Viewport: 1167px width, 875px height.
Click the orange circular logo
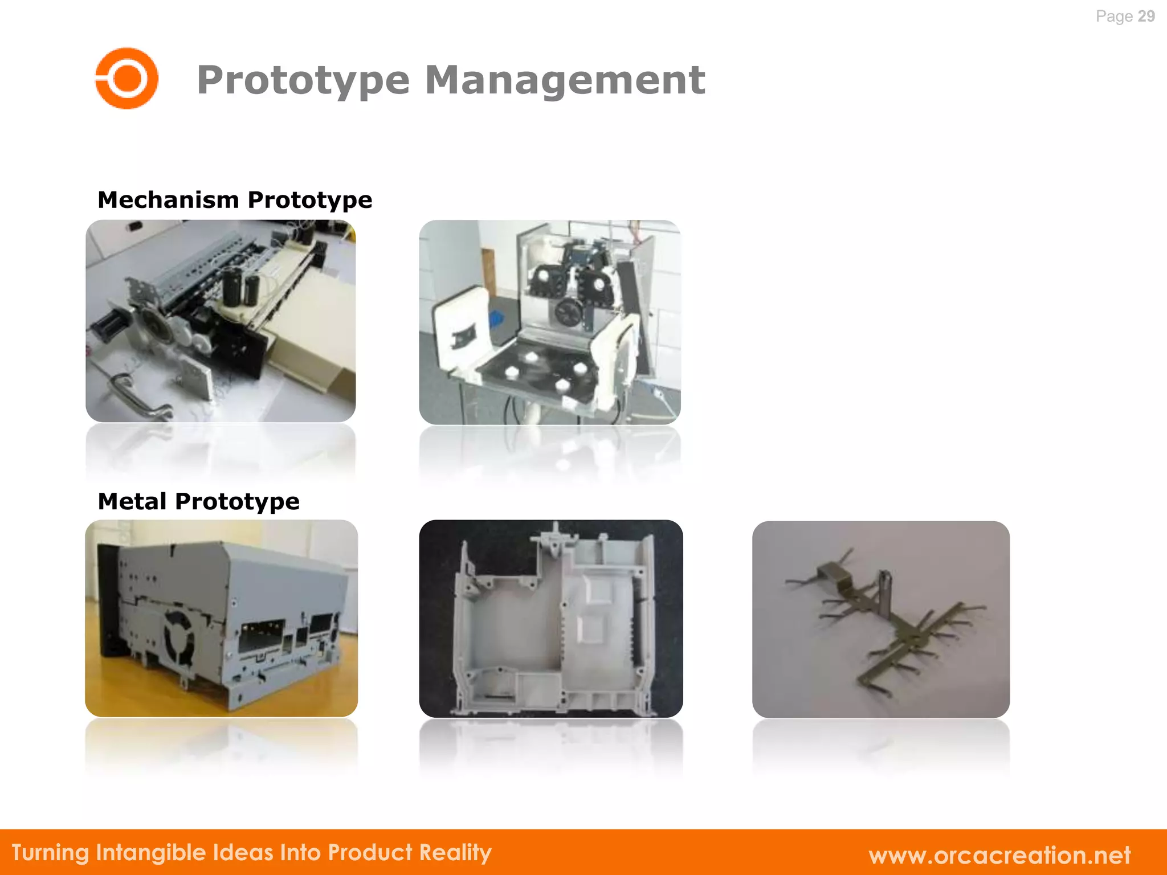click(x=127, y=78)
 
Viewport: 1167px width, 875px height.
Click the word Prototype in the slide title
click(x=303, y=80)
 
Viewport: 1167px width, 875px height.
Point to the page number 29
click(x=1146, y=16)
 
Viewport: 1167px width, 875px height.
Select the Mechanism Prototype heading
click(x=235, y=200)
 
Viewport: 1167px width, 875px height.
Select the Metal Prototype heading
click(x=198, y=501)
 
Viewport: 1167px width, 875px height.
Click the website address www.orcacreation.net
click(x=999, y=854)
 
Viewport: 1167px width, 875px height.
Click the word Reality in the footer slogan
click(x=455, y=853)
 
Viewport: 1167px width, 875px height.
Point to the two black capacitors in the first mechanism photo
click(x=240, y=285)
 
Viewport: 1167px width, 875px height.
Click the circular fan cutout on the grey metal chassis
click(x=180, y=637)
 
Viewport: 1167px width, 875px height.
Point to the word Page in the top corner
click(x=1114, y=16)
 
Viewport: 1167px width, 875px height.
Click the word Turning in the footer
click(x=51, y=853)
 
